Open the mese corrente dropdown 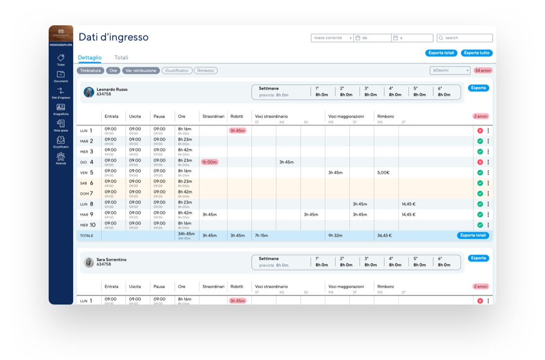(x=332, y=38)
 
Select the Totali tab (x=121, y=57)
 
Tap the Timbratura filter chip (x=91, y=71)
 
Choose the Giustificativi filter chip (x=177, y=71)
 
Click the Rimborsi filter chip (x=205, y=71)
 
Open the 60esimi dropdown (x=450, y=71)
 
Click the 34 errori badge (x=483, y=71)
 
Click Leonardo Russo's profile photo (x=89, y=92)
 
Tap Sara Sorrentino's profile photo (x=89, y=262)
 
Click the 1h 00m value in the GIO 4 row (x=210, y=162)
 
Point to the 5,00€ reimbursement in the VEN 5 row (x=383, y=173)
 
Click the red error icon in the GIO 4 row (x=480, y=162)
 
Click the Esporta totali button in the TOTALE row (x=473, y=235)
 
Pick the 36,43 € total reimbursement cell (x=384, y=235)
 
